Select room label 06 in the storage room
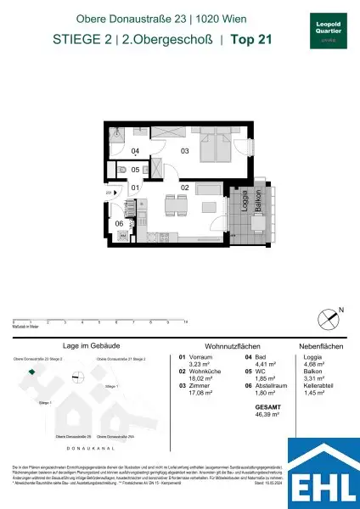point(120,224)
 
